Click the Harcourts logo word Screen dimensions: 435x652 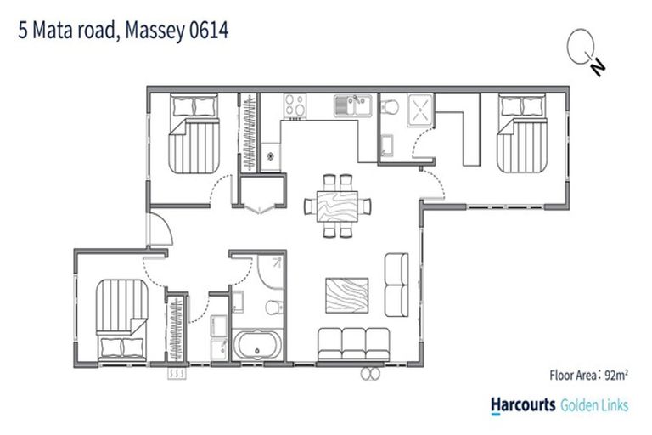523,406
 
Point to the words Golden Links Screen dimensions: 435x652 595,406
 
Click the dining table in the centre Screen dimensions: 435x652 338,205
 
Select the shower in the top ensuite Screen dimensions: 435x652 421,110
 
